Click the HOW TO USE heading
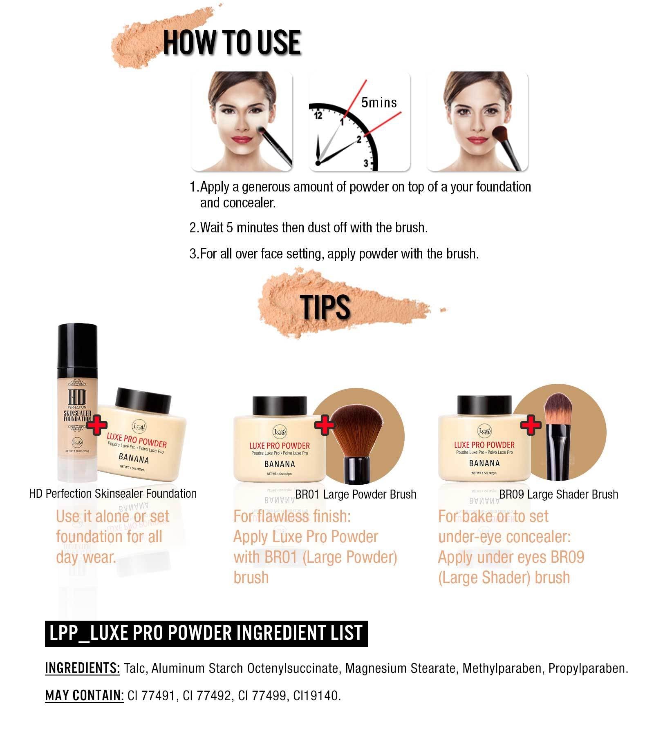(232, 42)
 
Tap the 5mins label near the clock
(379, 102)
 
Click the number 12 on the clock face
(318, 116)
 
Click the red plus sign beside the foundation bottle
(96, 425)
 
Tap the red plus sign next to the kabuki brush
(325, 425)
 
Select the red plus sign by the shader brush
(531, 425)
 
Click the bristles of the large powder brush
(356, 434)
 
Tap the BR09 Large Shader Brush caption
(558, 494)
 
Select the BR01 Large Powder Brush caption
(356, 494)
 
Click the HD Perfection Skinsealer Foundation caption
(113, 494)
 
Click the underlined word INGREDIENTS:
(82, 668)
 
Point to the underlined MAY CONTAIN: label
(84, 695)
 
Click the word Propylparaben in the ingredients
(588, 668)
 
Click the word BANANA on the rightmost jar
(484, 463)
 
